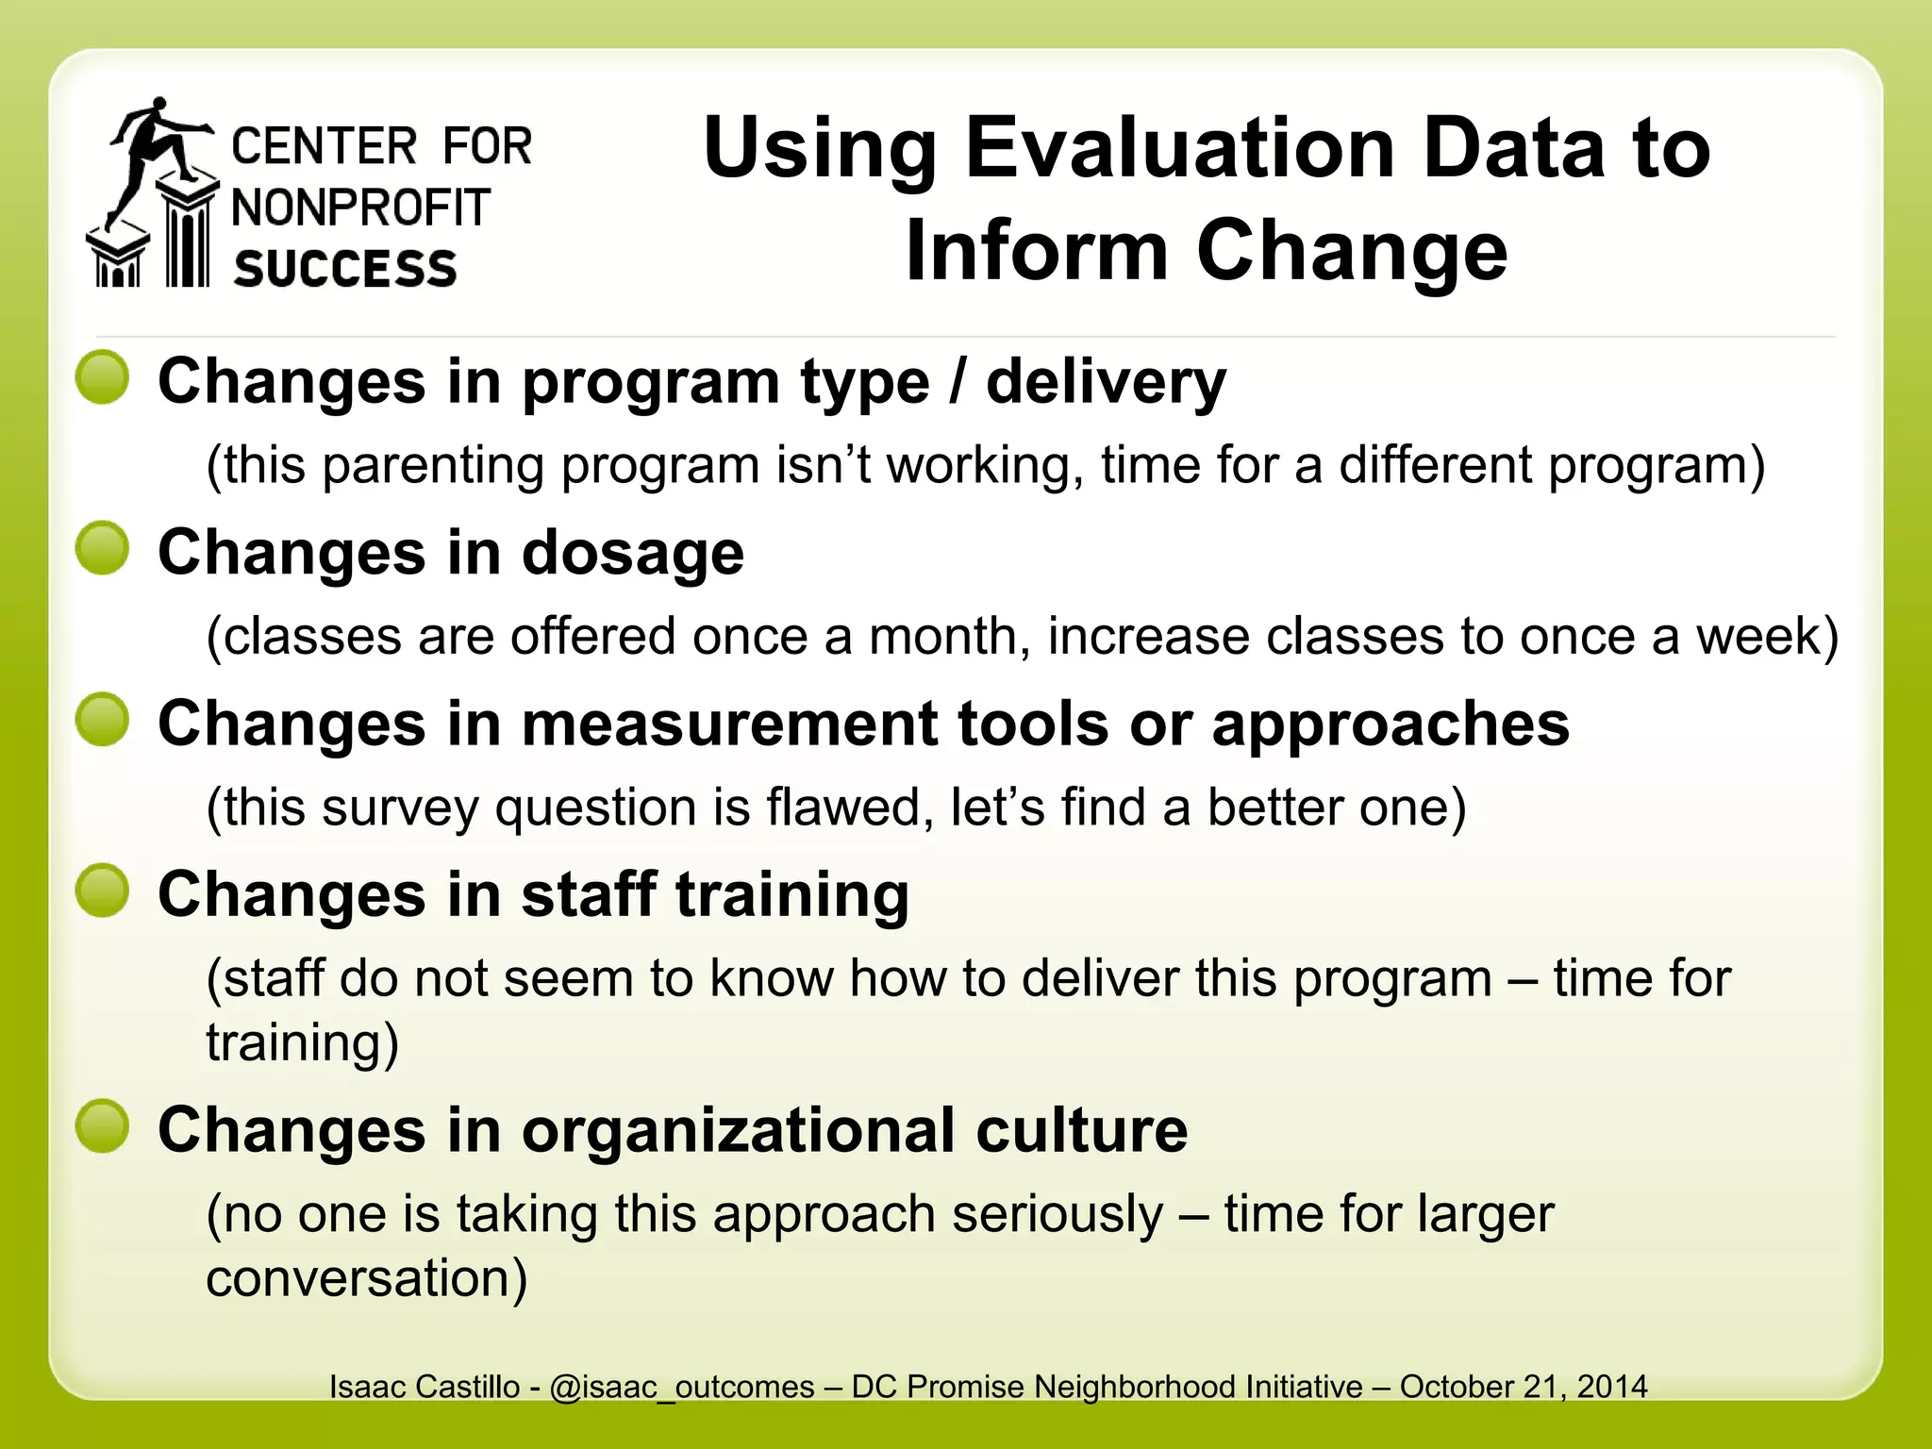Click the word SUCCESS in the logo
(345, 269)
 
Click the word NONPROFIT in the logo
(360, 208)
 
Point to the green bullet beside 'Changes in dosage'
(103, 548)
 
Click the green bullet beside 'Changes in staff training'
(103, 891)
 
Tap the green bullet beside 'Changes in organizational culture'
(103, 1126)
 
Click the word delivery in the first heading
(1106, 383)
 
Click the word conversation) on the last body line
(366, 1278)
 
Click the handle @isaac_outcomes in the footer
(681, 1387)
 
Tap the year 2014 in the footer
(1612, 1387)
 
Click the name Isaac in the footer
(367, 1387)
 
